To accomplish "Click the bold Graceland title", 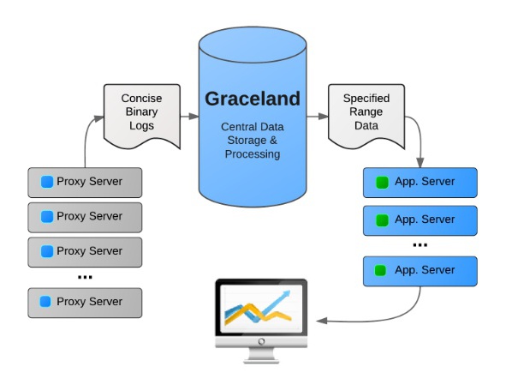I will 252,99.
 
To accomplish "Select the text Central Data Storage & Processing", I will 252,141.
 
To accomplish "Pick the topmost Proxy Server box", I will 85,182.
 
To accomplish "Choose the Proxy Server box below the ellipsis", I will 85,302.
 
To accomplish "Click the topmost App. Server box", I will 420,182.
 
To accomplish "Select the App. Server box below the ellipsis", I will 420,270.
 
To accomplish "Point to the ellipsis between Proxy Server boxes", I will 85,277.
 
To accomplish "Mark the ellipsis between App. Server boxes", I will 420,245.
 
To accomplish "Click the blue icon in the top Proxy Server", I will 47,182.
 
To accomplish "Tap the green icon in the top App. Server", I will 382,182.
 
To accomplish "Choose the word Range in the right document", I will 366,112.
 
